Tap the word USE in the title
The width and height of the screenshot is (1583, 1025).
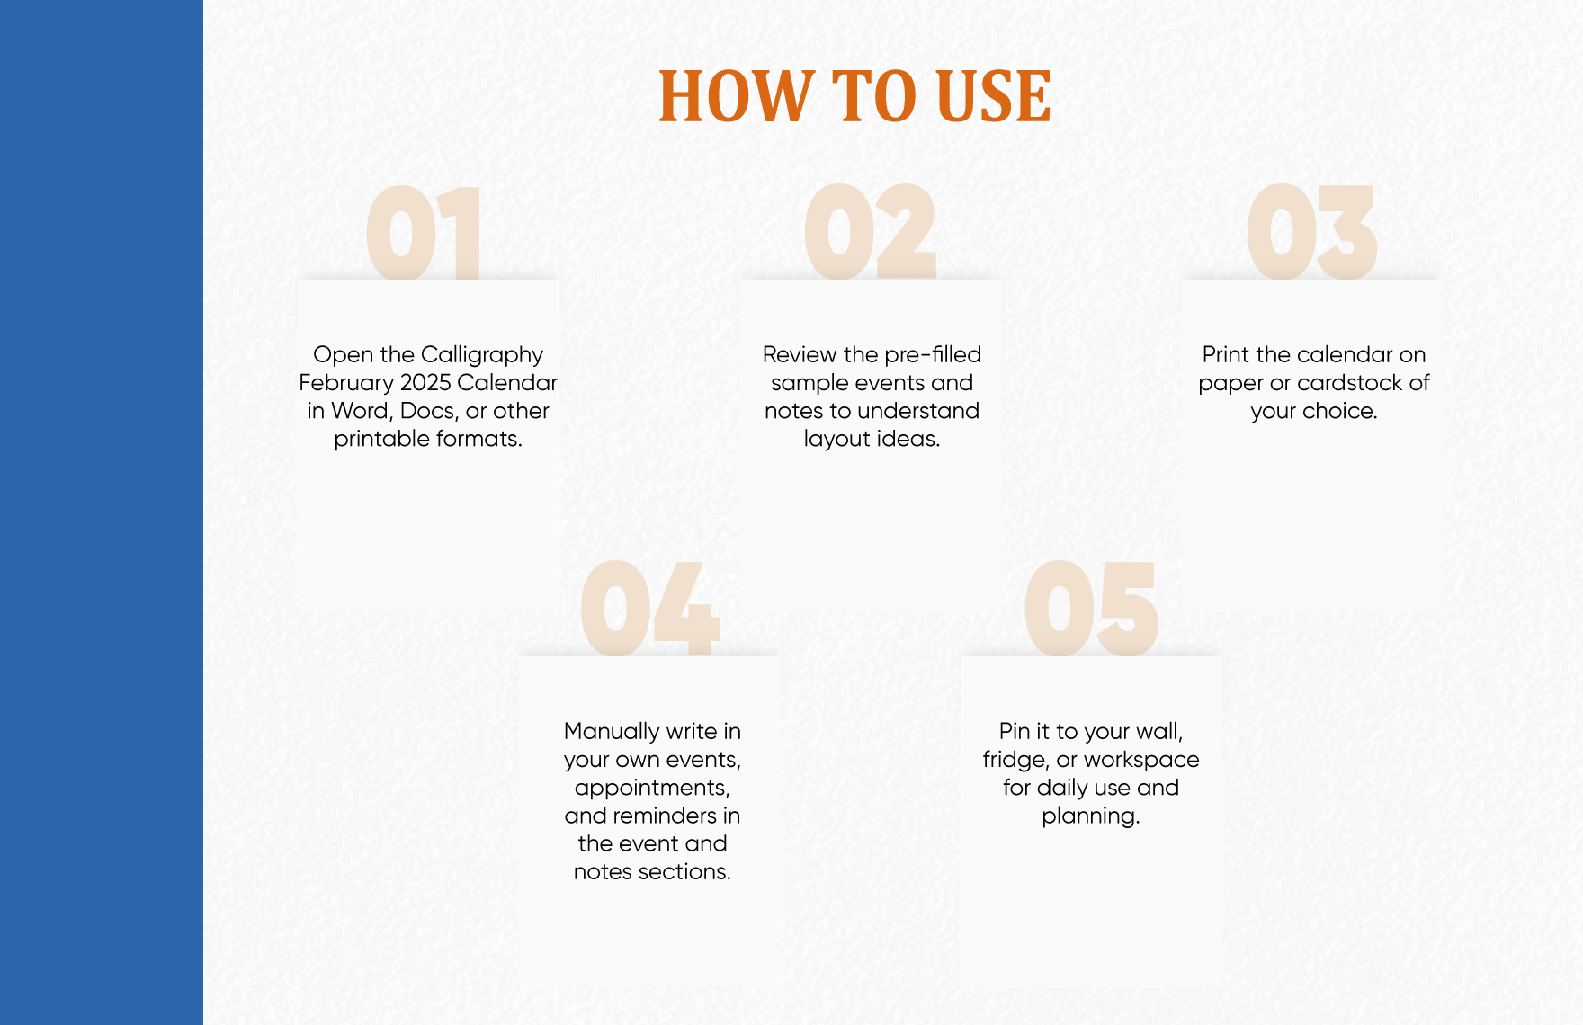[x=994, y=96]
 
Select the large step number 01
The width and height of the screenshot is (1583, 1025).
[x=424, y=232]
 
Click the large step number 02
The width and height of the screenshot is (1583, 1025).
[x=870, y=231]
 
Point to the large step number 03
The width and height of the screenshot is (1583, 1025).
[x=1311, y=231]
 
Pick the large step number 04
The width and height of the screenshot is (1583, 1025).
[x=649, y=609]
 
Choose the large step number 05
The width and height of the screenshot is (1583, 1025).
[x=1090, y=609]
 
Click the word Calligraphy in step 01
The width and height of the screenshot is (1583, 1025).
[x=482, y=355]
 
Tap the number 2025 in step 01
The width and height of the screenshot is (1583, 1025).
[x=425, y=383]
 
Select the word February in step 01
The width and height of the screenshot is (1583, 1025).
[x=346, y=384]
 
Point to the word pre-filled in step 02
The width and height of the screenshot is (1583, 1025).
[x=933, y=355]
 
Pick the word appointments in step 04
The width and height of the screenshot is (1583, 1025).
[x=652, y=789]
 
